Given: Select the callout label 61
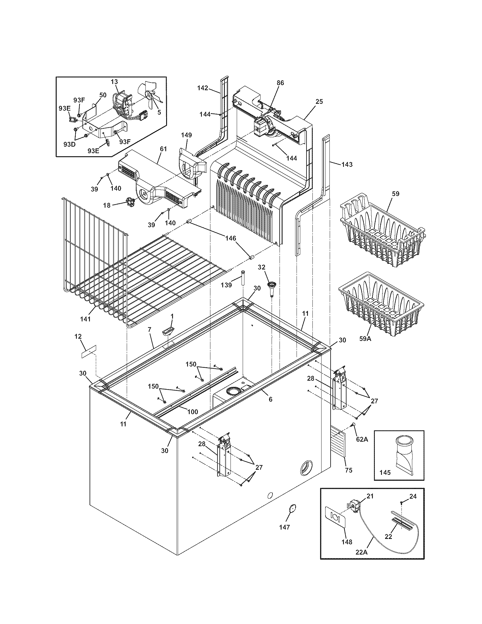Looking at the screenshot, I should point(163,149).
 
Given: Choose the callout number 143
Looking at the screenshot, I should point(347,164).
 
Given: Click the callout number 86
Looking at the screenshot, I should point(280,83).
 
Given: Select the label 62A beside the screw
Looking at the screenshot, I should point(362,439).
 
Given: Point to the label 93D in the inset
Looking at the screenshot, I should point(69,144).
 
